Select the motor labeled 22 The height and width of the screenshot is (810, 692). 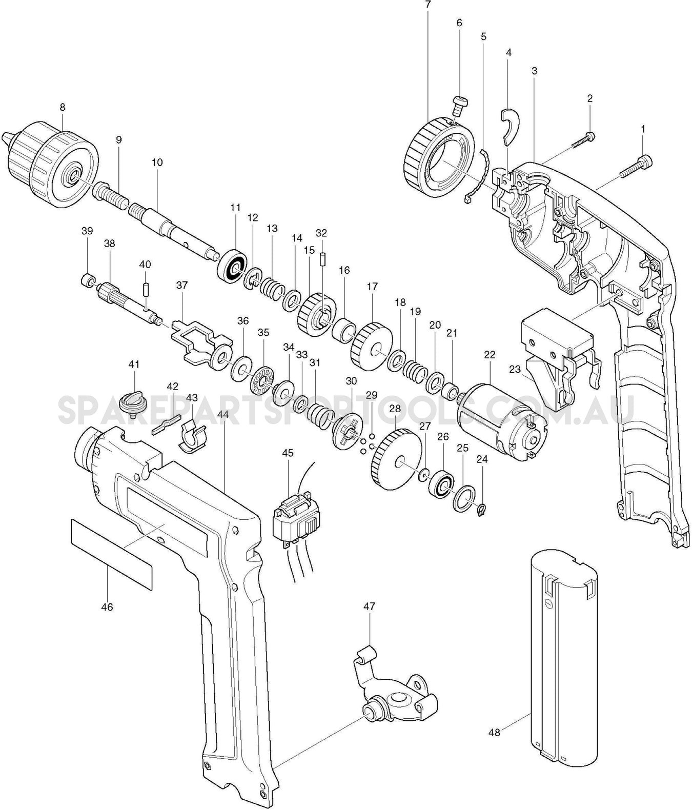[x=502, y=416]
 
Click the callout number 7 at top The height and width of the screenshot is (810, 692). [x=428, y=5]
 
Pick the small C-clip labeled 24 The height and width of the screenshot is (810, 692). [x=481, y=510]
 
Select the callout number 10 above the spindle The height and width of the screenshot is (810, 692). [x=157, y=162]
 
